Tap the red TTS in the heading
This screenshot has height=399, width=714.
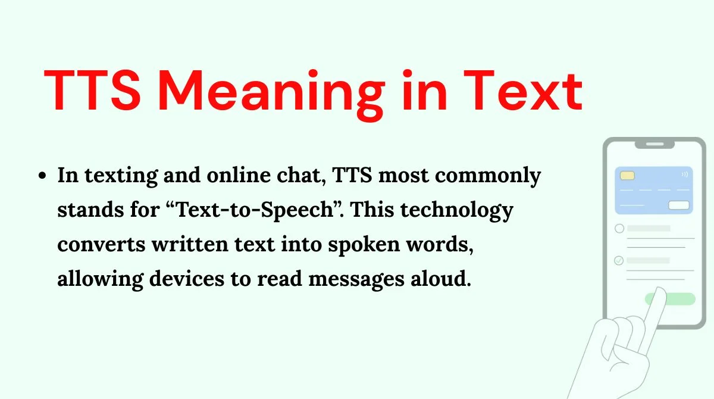92,90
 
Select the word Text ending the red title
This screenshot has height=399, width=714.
523,91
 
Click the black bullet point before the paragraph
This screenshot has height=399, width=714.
42,176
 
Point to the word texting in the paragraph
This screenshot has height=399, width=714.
121,176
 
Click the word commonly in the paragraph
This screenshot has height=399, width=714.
488,176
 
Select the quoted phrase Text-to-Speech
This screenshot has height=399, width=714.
254,210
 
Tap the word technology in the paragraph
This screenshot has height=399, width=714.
457,210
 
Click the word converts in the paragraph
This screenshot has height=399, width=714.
101,245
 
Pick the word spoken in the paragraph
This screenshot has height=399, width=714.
364,245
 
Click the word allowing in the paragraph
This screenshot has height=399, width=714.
101,279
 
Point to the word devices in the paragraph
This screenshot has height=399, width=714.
187,279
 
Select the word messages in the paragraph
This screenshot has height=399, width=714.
356,280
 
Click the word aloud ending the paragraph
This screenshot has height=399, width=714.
440,279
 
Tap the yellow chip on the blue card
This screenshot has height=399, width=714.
627,176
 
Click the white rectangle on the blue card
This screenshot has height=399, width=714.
679,205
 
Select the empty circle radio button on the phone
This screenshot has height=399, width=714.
619,228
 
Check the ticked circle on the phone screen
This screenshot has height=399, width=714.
619,261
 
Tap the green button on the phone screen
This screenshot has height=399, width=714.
679,299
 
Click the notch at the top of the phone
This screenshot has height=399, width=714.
654,145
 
